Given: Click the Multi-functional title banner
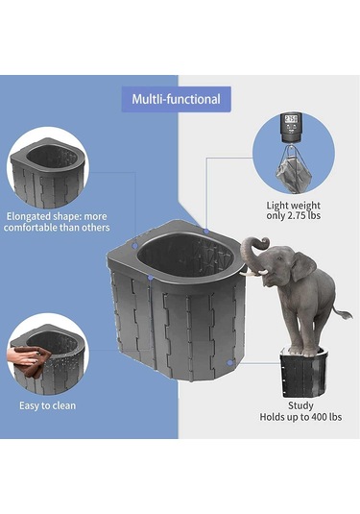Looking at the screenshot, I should click(176, 99).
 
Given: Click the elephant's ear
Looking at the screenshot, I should click(300, 266).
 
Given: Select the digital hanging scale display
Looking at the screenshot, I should click(293, 124).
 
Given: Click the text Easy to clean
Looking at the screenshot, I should click(47, 405).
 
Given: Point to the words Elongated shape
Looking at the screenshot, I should click(38, 216).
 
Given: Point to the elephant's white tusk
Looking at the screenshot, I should click(259, 271).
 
